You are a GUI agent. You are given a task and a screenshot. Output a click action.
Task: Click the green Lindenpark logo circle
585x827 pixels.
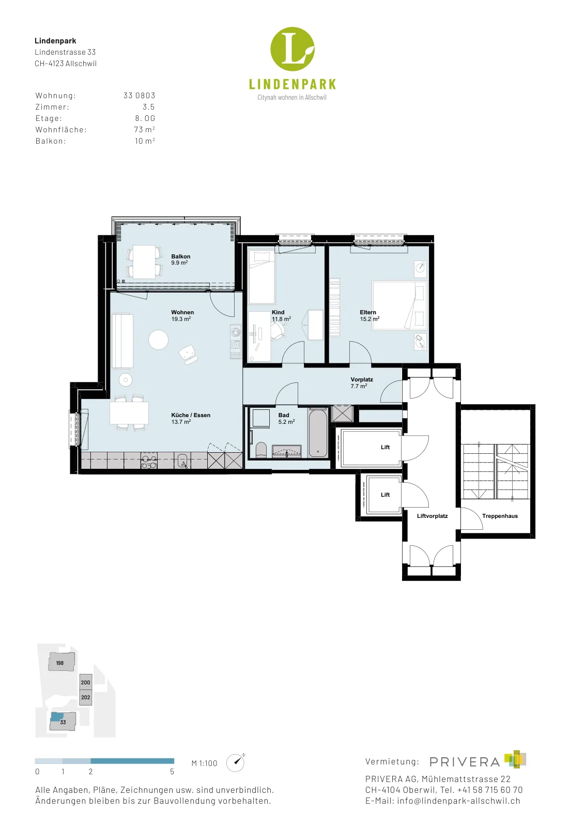coord(292,49)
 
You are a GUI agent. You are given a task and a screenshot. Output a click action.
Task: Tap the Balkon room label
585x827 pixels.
coord(180,256)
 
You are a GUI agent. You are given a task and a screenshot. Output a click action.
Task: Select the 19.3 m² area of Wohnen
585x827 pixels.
coord(181,319)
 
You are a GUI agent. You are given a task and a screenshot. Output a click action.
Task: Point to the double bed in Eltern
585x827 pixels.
coord(399,305)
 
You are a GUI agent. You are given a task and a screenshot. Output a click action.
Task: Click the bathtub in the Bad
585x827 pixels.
coord(318,432)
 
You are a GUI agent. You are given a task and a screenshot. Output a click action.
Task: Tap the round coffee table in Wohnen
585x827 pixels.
coord(158,340)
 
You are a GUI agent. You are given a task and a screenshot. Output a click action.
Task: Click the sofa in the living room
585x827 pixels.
coord(122,341)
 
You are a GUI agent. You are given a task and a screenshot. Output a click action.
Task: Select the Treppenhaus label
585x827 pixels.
coord(500,516)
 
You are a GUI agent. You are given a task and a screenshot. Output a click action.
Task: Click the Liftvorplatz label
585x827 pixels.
coord(432,516)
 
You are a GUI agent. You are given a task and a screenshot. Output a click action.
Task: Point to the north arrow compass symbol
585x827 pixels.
coord(235,762)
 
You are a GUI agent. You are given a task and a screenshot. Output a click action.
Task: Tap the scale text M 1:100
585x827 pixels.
coord(205,763)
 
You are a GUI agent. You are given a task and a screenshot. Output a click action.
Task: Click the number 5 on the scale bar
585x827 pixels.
coord(172,772)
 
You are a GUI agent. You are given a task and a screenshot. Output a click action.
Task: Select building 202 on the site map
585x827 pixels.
coord(86,697)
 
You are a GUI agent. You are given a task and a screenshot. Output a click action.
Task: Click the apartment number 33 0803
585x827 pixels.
coord(139,95)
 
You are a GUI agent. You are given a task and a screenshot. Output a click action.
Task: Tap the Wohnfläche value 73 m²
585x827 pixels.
coord(144,130)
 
